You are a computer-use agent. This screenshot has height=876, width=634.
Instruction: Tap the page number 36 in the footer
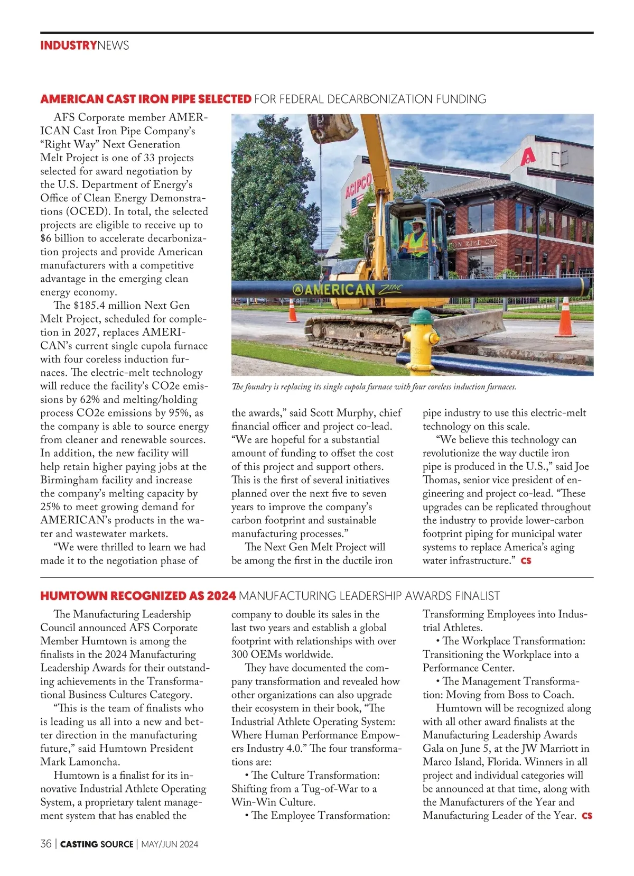click(46, 844)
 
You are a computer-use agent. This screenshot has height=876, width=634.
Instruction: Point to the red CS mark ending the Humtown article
click(586, 816)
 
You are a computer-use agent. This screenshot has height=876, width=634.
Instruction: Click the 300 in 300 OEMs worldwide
click(240, 654)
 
